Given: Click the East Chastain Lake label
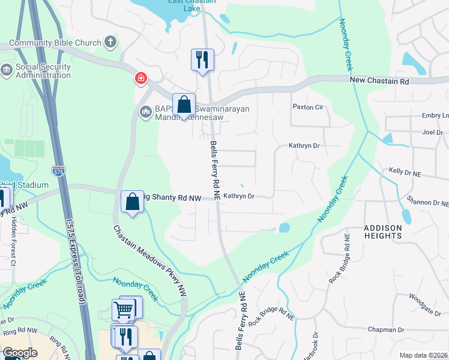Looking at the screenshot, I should [184, 4].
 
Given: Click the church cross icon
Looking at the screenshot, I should [109, 41].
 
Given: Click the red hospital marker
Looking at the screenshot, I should [140, 78].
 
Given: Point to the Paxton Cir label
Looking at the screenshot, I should [308, 107].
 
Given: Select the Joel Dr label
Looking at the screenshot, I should [432, 132].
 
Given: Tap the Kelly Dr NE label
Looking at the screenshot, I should [405, 172].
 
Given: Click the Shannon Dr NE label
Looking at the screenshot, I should [427, 202].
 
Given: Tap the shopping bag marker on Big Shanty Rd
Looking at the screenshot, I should [132, 202].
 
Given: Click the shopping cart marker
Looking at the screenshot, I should [124, 310].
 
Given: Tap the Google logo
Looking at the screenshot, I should [20, 353].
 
